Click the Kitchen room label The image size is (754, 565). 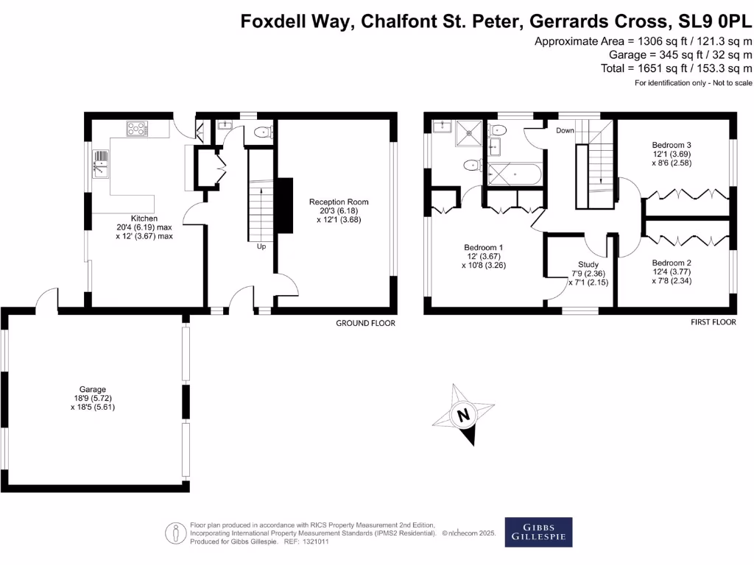click(144, 218)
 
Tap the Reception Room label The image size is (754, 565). click(339, 202)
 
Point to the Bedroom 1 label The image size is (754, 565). click(485, 247)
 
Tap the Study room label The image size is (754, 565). click(588, 264)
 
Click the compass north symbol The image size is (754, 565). click(463, 416)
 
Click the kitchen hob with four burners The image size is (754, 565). click(137, 129)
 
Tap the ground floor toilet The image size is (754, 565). click(261, 132)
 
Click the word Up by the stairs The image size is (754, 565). click(261, 246)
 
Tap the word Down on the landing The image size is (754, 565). click(565, 130)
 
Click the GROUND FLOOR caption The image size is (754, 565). click(365, 323)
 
